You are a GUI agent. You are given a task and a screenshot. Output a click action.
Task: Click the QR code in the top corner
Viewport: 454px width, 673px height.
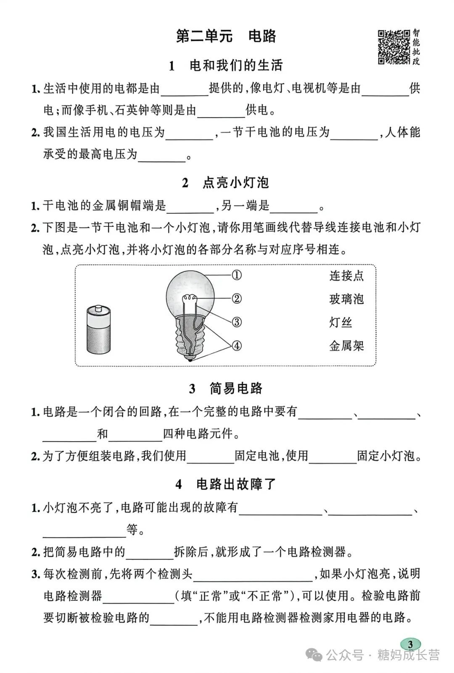393,47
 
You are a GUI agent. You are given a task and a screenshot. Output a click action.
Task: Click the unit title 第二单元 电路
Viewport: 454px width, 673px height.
226,36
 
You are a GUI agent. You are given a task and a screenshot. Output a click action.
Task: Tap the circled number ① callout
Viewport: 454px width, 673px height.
237,275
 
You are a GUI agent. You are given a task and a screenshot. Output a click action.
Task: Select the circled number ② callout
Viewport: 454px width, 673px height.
237,299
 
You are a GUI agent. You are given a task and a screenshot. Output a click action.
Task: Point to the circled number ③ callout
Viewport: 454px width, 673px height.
237,322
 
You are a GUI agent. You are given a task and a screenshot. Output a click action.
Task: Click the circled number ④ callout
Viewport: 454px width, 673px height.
237,346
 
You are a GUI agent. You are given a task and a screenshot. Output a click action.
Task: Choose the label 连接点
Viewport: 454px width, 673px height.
346,276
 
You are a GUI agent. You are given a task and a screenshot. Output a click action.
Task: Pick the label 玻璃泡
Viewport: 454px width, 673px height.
346,299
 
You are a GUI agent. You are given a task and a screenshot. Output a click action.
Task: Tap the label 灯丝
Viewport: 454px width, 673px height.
340,323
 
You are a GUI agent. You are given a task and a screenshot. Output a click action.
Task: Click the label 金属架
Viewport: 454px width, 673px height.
346,346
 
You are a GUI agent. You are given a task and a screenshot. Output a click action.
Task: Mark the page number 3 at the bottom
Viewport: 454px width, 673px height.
410,644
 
